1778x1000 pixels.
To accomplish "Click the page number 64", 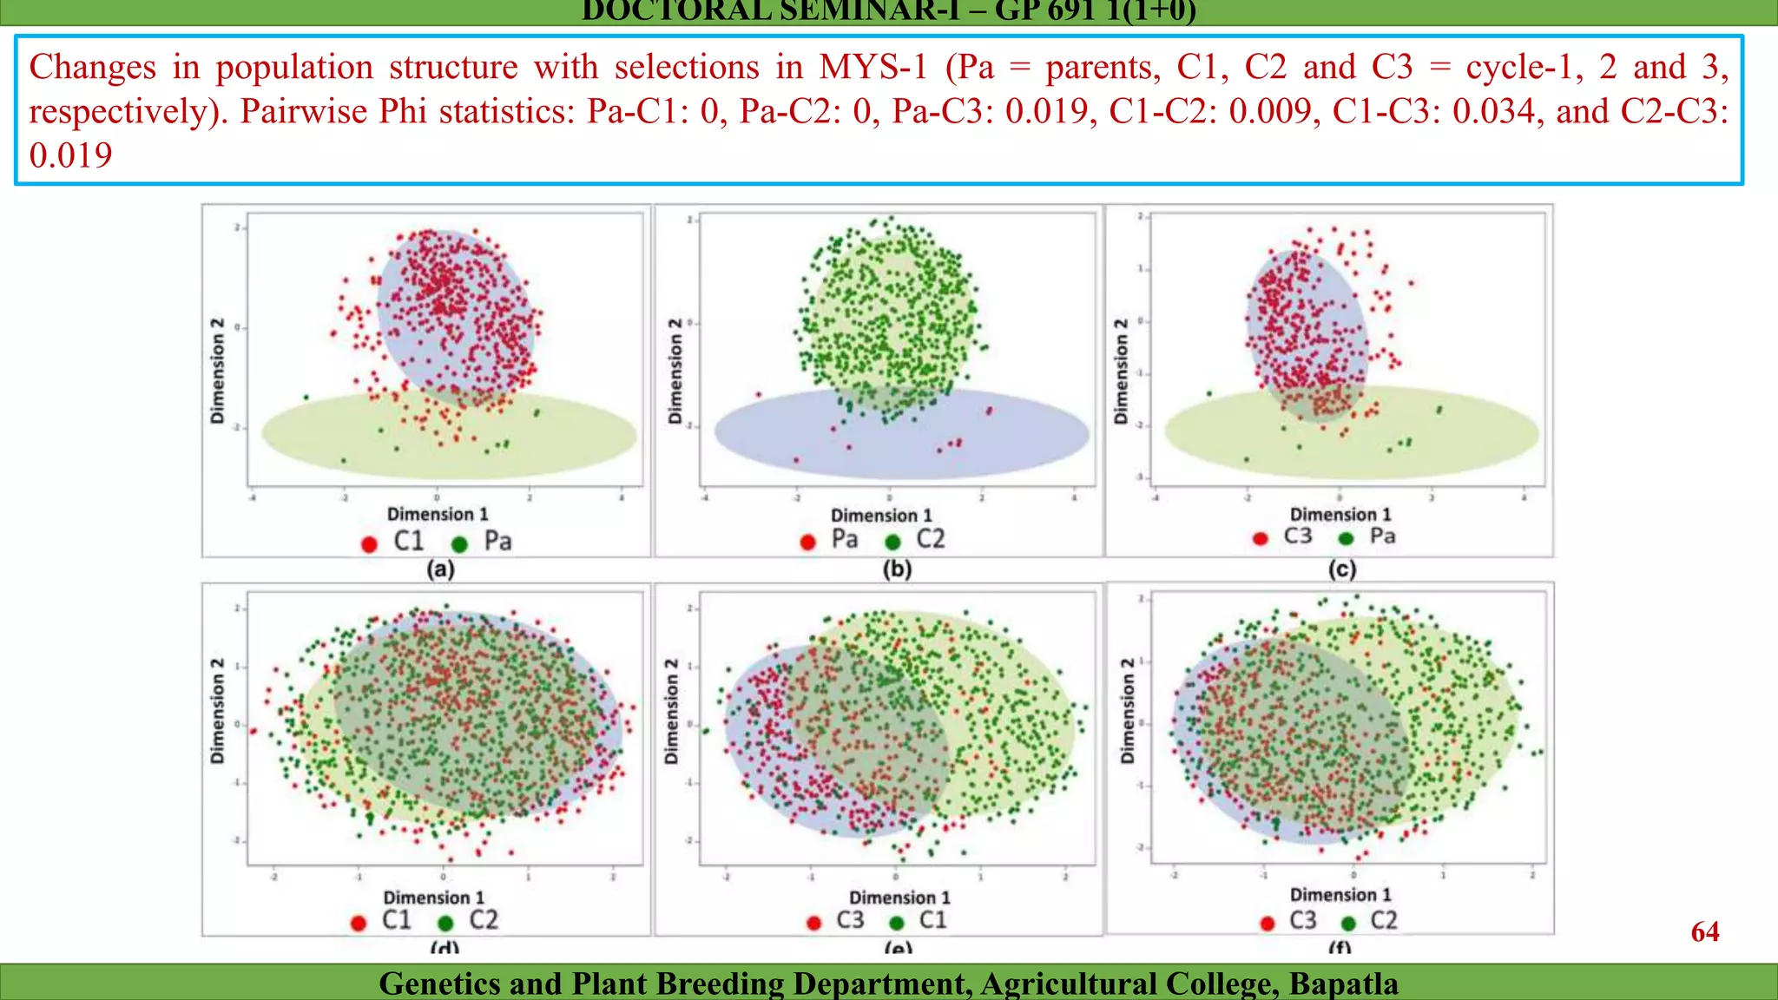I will click(1704, 931).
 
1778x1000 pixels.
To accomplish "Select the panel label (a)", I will click(440, 569).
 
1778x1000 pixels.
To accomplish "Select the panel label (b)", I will click(897, 569).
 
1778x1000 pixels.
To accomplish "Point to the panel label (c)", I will click(1341, 569).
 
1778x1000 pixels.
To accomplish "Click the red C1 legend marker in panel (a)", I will click(369, 544).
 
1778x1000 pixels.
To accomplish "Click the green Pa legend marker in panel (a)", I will click(459, 544).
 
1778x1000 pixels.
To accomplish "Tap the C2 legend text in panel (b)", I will click(931, 539).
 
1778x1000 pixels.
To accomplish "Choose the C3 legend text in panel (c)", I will click(1298, 536).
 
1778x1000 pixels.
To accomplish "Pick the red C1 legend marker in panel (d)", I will click(359, 923).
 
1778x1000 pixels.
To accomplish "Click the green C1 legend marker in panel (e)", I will click(897, 923).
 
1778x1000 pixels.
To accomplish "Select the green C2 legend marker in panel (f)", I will click(1348, 923).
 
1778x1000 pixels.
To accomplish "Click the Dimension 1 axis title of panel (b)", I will click(881, 516).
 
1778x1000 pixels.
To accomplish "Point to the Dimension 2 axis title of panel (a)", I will click(218, 371).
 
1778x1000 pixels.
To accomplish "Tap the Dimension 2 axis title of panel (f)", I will click(1127, 710).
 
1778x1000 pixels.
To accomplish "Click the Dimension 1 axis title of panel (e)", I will click(899, 898).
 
